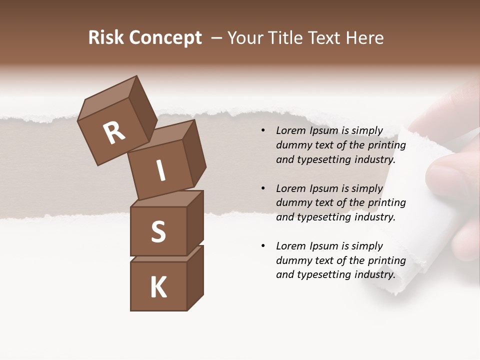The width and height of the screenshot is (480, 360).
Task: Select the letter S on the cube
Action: click(158, 232)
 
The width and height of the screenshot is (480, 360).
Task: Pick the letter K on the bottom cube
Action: click(158, 287)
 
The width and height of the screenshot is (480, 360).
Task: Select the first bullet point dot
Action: click(263, 131)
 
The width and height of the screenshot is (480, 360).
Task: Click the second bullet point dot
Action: click(263, 188)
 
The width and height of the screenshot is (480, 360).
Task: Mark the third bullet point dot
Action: click(263, 246)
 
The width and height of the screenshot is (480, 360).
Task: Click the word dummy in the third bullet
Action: click(293, 260)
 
